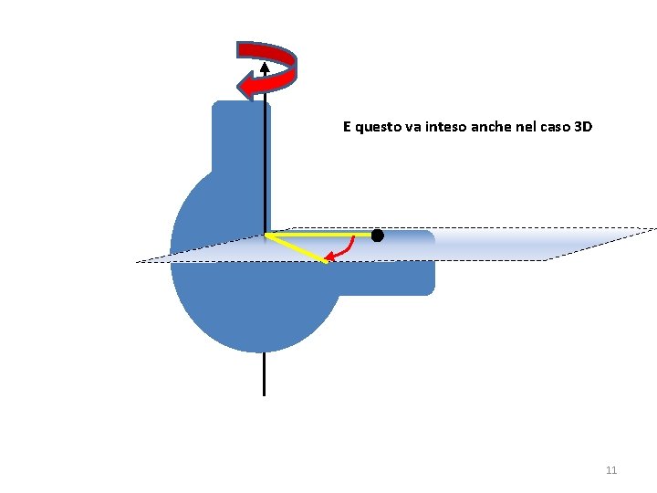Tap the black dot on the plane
[377, 236]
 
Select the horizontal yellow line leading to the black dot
[319, 235]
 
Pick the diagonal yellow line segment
[297, 248]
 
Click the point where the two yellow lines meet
[266, 235]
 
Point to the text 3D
[583, 127]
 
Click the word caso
[556, 127]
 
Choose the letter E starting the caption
[347, 127]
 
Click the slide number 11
[611, 470]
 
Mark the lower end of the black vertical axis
[264, 393]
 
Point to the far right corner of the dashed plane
[655, 228]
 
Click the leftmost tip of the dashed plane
[138, 262]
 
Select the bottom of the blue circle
[258, 350]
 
